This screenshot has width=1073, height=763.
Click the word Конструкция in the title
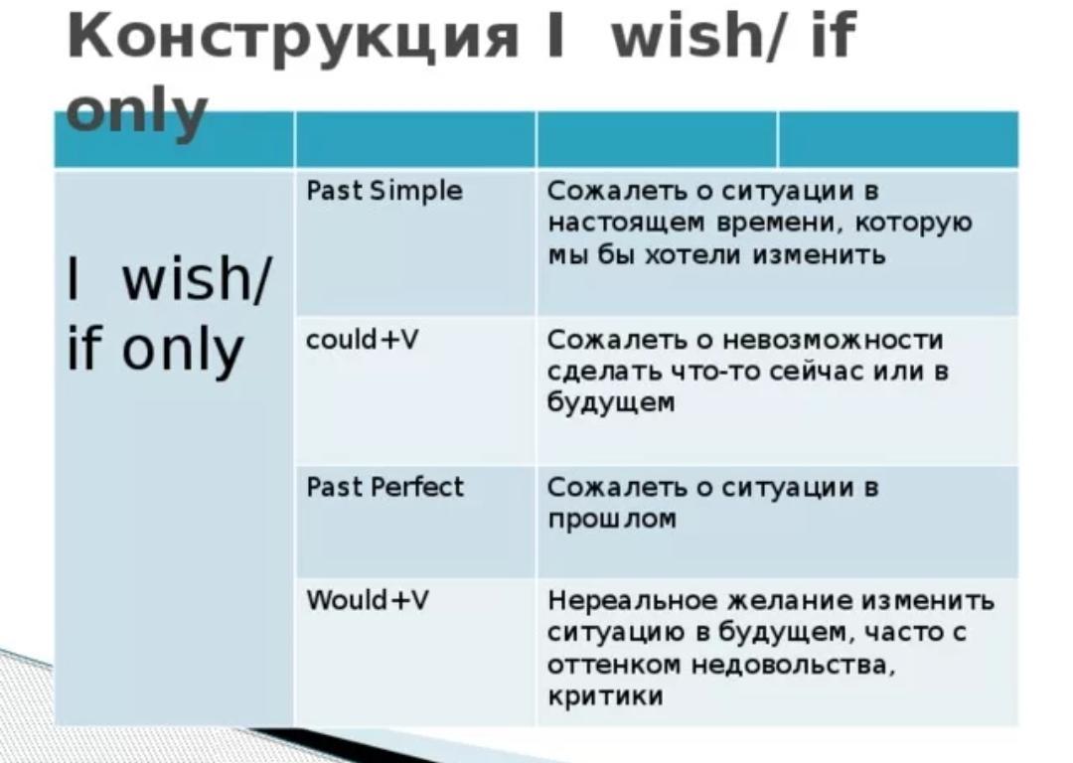293,38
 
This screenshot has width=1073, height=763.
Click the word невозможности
833,339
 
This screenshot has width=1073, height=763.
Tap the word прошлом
612,520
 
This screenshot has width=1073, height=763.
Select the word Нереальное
632,600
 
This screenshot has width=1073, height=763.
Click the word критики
606,695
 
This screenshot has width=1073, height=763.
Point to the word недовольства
793,666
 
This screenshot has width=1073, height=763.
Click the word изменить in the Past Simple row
819,255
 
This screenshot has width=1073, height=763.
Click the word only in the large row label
182,351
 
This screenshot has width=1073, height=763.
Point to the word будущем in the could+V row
611,403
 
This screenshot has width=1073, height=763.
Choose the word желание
790,600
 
